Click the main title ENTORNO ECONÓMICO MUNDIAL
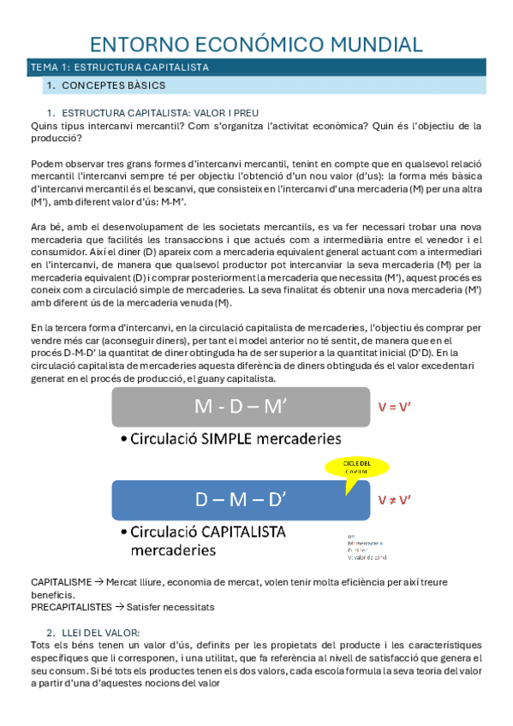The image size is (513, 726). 256,45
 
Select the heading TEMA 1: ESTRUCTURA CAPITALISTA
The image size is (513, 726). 119,68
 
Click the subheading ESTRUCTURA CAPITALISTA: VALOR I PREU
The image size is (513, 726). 160,113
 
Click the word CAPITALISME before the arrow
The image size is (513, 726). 61,582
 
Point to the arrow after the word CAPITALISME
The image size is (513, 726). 98,582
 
